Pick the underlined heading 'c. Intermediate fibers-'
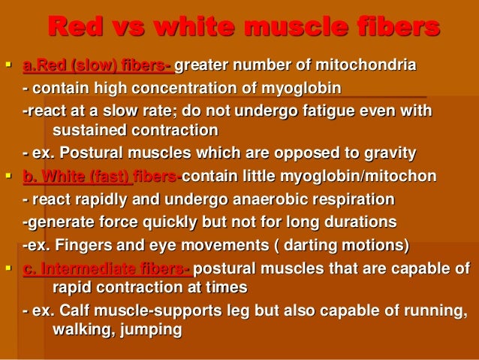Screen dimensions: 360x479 (106, 270)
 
